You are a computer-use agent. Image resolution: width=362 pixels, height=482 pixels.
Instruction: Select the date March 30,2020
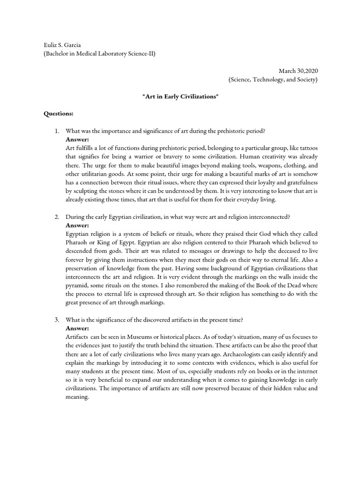coord(298,71)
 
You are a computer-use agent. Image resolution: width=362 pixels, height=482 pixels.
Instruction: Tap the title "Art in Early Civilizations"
coord(181,96)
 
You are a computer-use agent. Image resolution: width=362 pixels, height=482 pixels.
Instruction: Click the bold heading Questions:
coord(58,113)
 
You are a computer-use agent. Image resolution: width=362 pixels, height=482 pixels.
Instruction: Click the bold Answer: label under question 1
coord(77,139)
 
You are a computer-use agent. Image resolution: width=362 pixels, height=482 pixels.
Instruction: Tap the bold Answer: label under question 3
coord(77,329)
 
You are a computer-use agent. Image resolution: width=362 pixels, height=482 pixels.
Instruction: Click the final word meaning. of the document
coord(78,397)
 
